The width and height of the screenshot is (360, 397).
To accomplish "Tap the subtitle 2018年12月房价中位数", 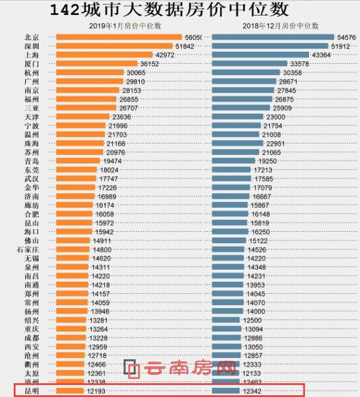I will pyautogui.click(x=280, y=26).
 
